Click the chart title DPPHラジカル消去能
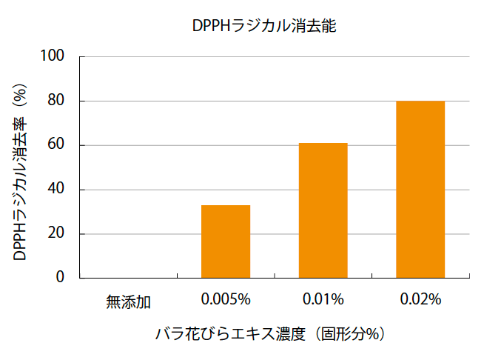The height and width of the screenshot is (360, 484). click(264, 25)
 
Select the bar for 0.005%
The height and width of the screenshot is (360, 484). click(226, 241)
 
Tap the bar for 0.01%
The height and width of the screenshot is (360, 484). click(323, 210)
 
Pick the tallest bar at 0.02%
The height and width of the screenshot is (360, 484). click(420, 190)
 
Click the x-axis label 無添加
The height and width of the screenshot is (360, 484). click(128, 301)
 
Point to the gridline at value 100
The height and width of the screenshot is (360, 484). click(274, 56)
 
